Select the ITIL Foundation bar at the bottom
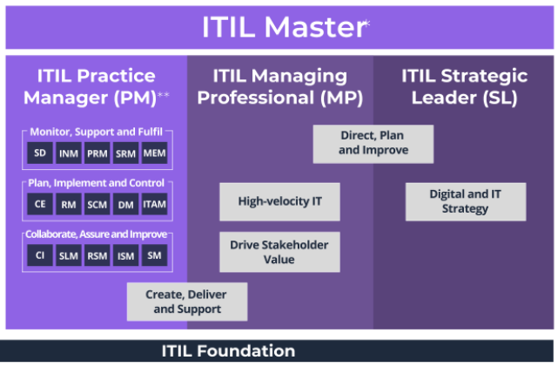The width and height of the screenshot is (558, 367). [228, 351]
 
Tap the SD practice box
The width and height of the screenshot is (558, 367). [40, 153]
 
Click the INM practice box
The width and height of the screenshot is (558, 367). [69, 153]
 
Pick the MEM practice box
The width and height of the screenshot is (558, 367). [153, 153]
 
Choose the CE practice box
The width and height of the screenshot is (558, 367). [40, 204]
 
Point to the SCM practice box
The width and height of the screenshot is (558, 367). [97, 204]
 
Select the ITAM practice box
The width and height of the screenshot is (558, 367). [153, 204]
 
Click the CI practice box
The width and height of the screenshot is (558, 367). [40, 255]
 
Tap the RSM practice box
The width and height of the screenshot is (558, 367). [97, 255]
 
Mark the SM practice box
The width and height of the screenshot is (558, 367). [153, 255]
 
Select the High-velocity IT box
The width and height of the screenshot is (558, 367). [279, 201]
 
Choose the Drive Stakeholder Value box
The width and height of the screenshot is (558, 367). [279, 252]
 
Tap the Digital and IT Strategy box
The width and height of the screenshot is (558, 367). [465, 201]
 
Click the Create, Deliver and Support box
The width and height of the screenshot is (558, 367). [187, 302]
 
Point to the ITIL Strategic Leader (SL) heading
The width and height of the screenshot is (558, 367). [465, 86]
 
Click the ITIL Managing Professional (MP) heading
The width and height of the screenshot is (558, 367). [279, 86]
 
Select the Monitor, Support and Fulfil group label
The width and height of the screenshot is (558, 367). [96, 132]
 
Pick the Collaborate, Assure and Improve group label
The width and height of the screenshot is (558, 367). [96, 234]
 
